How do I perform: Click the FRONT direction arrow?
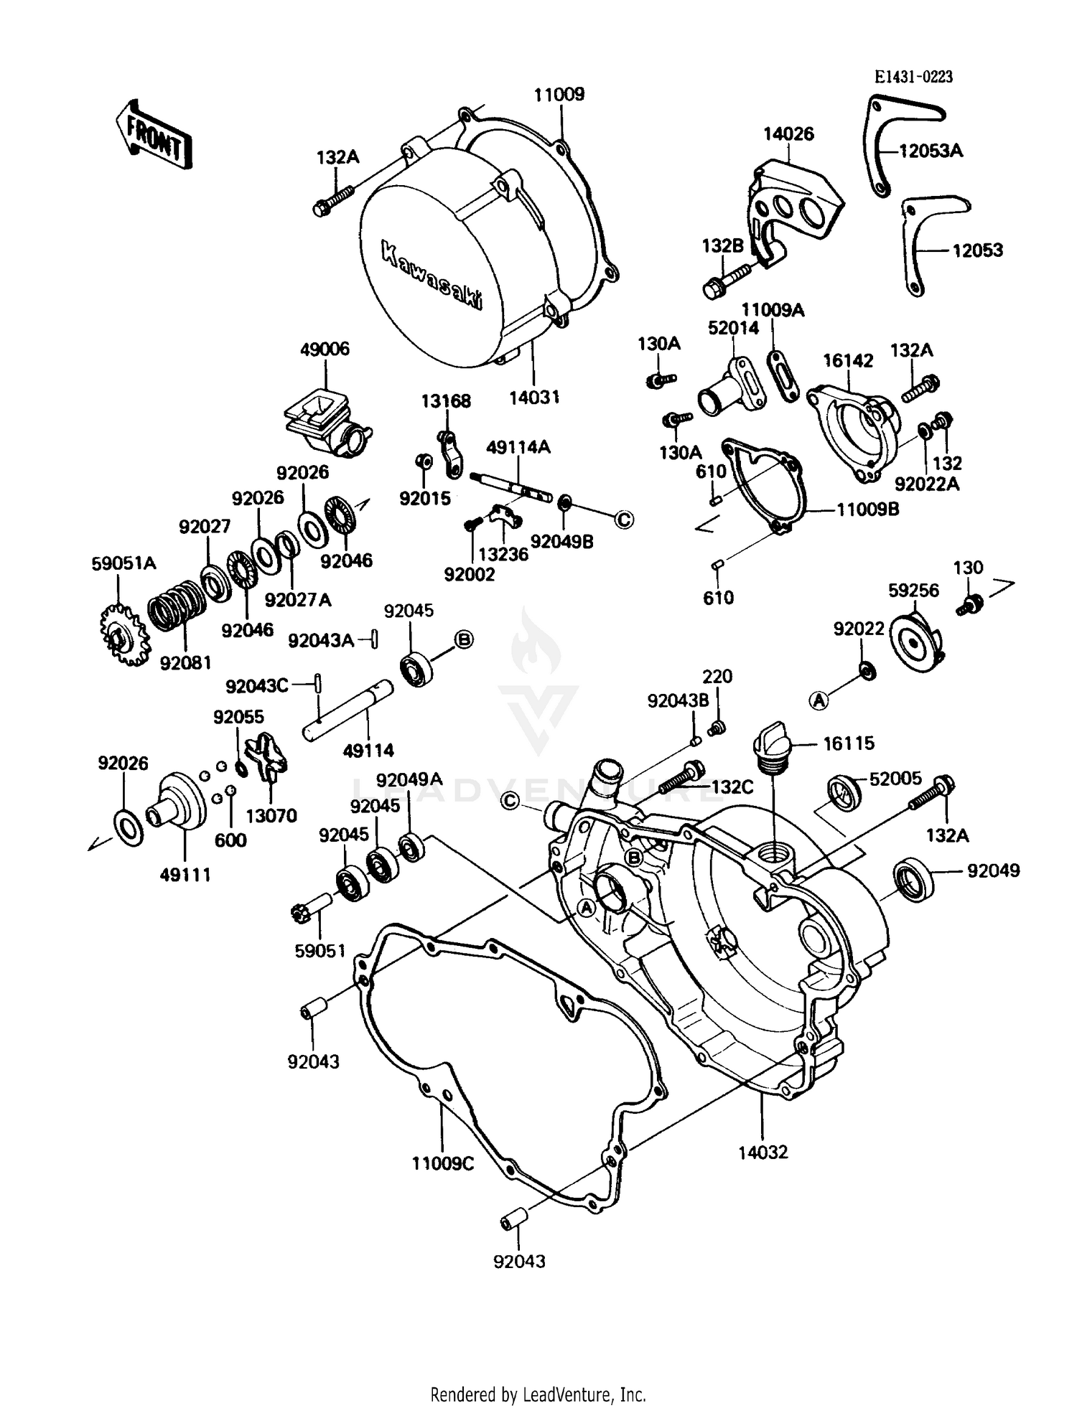coord(153,133)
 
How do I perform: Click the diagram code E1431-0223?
coord(913,78)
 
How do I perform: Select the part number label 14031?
coord(534,397)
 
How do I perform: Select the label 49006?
coord(325,349)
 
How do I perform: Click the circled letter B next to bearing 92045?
coord(464,639)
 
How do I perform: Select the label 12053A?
coord(931,151)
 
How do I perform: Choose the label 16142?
coord(848,360)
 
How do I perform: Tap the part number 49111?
coord(185,875)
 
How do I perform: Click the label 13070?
coord(271,815)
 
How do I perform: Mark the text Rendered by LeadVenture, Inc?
coord(538,1395)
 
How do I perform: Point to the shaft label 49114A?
coord(518,447)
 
